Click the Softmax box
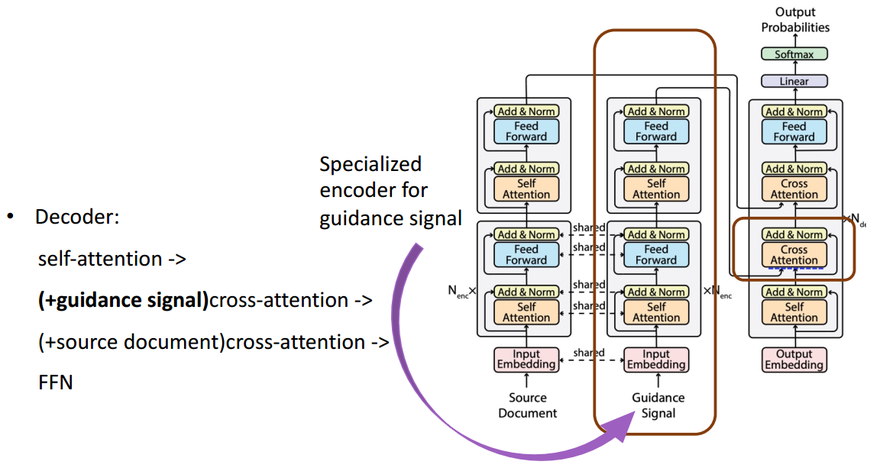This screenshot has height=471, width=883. pyautogui.click(x=794, y=54)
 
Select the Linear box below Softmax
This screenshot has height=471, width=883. pyautogui.click(x=794, y=81)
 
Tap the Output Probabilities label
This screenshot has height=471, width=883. pyautogui.click(x=794, y=19)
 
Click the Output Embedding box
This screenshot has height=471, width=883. pyautogui.click(x=794, y=360)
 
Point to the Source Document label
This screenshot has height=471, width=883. pyautogui.click(x=528, y=405)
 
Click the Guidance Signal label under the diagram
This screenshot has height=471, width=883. pyautogui.click(x=658, y=405)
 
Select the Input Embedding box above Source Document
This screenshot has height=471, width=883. pyautogui.click(x=526, y=360)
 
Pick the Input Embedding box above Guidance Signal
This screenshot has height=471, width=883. pyautogui.click(x=656, y=360)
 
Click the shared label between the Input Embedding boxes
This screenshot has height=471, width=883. pyautogui.click(x=589, y=353)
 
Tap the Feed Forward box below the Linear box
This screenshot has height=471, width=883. pyautogui.click(x=794, y=131)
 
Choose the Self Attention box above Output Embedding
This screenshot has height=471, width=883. pyautogui.click(x=794, y=311)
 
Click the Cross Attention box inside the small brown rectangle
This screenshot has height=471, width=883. pyautogui.click(x=794, y=255)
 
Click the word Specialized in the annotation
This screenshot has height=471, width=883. pyautogui.click(x=370, y=164)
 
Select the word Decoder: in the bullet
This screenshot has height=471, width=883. pyautogui.click(x=77, y=217)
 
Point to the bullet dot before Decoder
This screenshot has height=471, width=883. pyautogui.click(x=11, y=217)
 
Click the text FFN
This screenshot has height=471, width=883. pyautogui.click(x=55, y=382)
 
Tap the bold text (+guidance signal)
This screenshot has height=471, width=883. pyautogui.click(x=123, y=300)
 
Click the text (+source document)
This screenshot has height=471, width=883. pyautogui.click(x=129, y=341)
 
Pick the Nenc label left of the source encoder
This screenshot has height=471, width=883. pyautogui.click(x=461, y=292)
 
